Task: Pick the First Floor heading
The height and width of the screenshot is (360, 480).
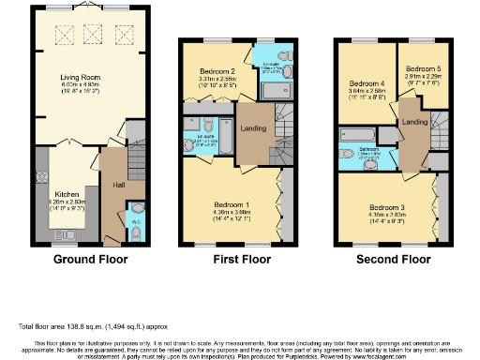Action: pyautogui.click(x=235, y=259)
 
